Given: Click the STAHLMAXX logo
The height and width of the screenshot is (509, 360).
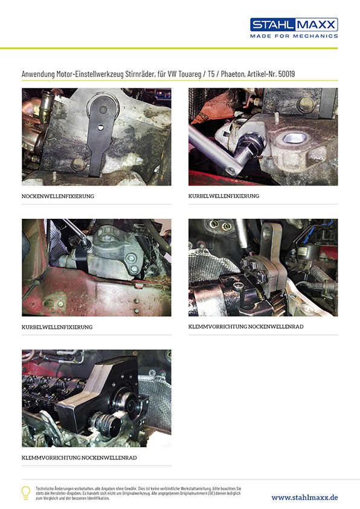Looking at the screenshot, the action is [x=294, y=25].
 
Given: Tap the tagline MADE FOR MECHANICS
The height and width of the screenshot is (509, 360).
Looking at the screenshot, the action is [x=294, y=36].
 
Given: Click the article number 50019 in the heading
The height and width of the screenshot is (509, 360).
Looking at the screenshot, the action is [x=287, y=74].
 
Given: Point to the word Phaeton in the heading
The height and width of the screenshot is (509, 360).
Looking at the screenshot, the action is [x=233, y=74].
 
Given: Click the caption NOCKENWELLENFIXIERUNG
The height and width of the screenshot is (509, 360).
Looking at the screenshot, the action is [x=58, y=196].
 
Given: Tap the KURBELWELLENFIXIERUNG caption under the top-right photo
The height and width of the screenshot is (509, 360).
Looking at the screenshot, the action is [x=223, y=196].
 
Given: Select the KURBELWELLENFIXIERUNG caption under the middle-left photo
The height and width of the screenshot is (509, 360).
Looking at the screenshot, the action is [x=57, y=327].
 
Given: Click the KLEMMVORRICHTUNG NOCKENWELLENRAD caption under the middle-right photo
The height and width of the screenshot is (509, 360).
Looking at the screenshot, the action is [x=246, y=326].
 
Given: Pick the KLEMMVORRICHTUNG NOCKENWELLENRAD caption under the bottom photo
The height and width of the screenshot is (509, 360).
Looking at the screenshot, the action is [x=79, y=458].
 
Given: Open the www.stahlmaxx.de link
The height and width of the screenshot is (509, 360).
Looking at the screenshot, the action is [x=304, y=498].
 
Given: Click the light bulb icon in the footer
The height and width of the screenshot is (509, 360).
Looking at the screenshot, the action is [x=25, y=493].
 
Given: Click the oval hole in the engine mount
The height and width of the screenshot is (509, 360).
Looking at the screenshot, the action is [x=294, y=138].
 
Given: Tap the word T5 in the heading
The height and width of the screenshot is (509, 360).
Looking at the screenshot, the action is [x=211, y=74].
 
